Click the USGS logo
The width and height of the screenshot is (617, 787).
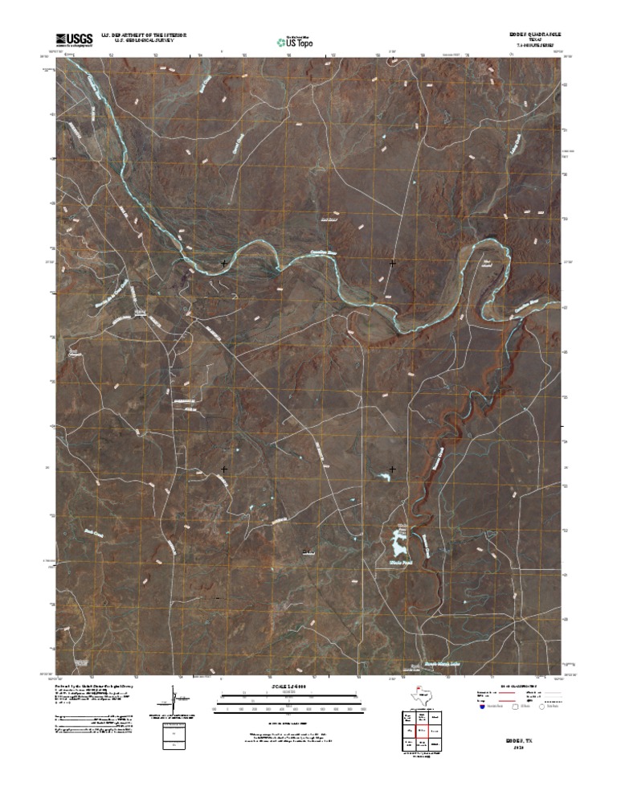[x=74, y=39]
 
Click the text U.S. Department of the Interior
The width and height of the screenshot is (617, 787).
[x=144, y=35]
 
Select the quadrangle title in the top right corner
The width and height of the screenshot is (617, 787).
[x=533, y=35]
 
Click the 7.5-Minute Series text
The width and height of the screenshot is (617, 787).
[x=533, y=47]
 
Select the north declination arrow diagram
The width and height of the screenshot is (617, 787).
[x=174, y=696]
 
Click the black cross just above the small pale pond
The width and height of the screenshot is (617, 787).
[x=393, y=469]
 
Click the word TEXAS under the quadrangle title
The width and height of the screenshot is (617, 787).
[x=533, y=41]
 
